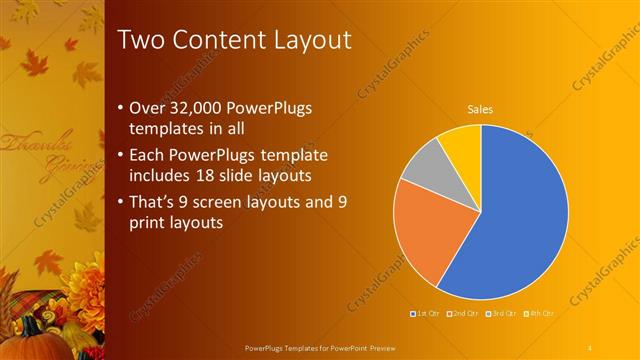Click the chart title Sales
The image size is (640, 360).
point(481,110)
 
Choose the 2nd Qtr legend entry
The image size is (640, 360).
point(464,314)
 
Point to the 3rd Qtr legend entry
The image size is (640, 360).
point(502,314)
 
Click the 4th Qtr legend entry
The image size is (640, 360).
point(540,314)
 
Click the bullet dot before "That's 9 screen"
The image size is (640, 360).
point(121,202)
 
